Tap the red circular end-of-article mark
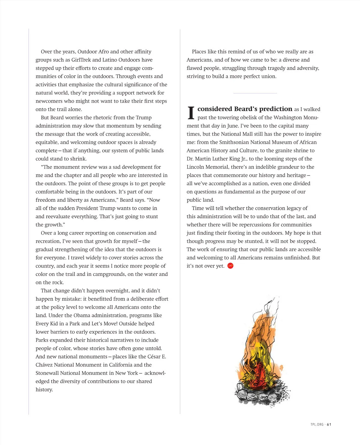tap(230, 266)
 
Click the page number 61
tap(329, 424)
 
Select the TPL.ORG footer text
tap(317, 424)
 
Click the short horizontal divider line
tap(255, 93)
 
